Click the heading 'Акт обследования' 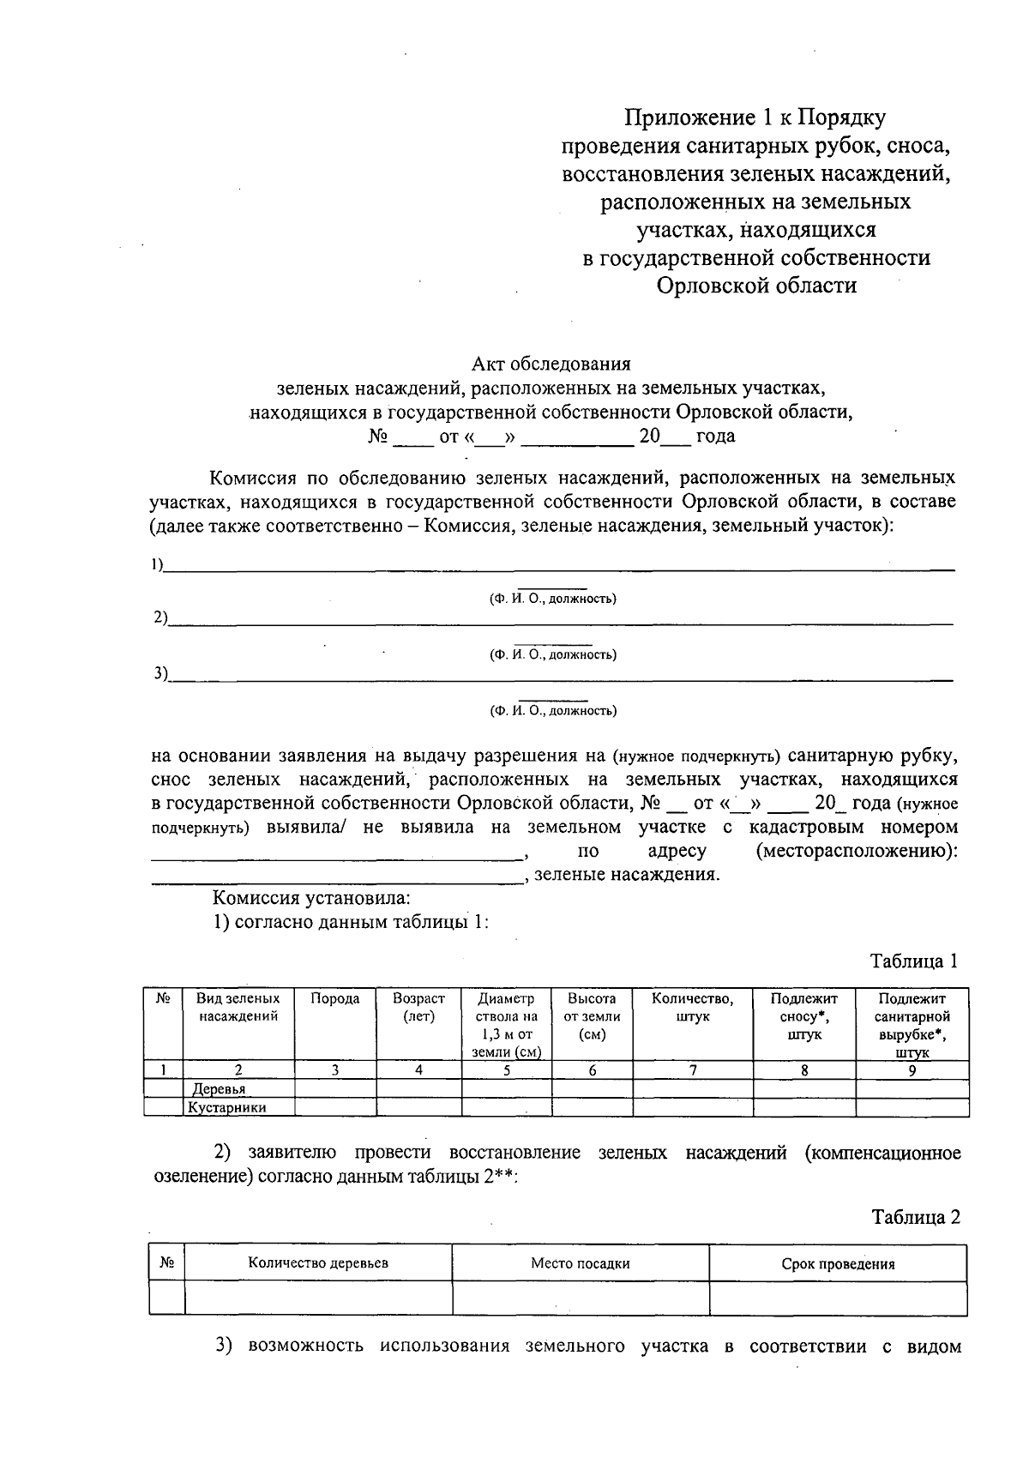click(551, 364)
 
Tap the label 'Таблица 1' click(913, 961)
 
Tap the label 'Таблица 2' click(915, 1217)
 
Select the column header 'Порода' click(334, 999)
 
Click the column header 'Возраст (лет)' click(418, 1008)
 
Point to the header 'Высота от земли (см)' click(592, 1016)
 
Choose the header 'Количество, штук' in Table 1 click(692, 1008)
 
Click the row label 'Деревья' click(219, 1089)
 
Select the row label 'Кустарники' click(227, 1107)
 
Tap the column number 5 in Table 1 click(507, 1070)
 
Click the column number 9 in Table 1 click(912, 1070)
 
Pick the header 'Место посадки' click(580, 1263)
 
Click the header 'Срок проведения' click(838, 1264)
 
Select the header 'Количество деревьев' click(318, 1263)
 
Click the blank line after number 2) click(557, 620)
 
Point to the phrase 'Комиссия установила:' click(311, 899)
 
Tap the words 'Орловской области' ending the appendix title click(756, 285)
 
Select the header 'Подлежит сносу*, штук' click(803, 1016)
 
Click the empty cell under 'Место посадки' click(580, 1298)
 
